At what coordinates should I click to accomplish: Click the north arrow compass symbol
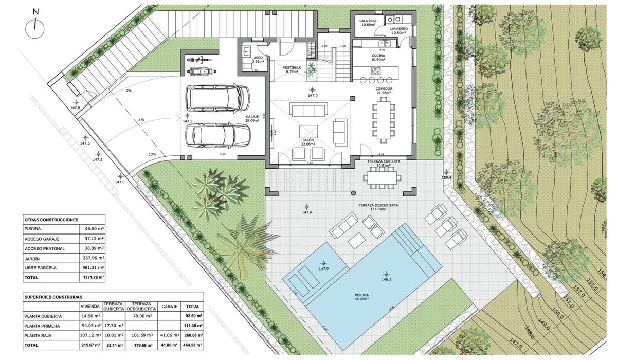pos(35,24)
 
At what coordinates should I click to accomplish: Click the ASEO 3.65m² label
pos(258,59)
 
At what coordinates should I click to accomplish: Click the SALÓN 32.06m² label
pos(308,142)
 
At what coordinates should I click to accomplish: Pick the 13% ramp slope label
pos(152,154)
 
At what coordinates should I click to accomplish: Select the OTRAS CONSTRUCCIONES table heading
pos(51,219)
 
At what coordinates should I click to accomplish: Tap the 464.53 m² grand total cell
pos(193,345)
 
